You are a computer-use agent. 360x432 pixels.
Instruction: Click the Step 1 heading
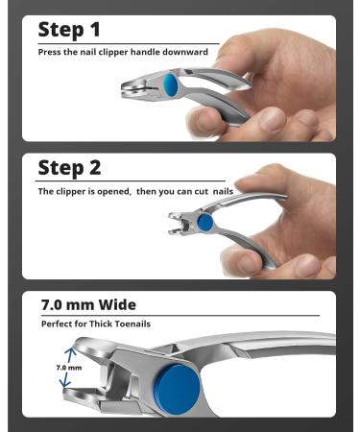pyautogui.click(x=70, y=30)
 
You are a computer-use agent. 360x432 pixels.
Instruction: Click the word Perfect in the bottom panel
pyautogui.click(x=57, y=324)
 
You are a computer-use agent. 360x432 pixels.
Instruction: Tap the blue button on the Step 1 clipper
pyautogui.click(x=171, y=86)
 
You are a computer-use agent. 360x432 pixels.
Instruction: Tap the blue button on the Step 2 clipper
pyautogui.click(x=205, y=222)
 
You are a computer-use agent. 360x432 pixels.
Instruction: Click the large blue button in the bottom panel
pyautogui.click(x=179, y=381)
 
